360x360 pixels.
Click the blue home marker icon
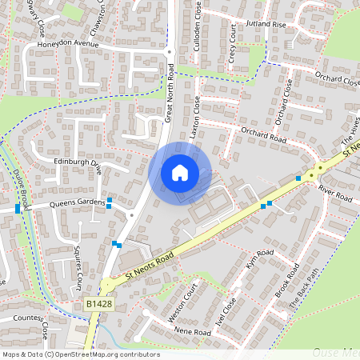pos(180,173)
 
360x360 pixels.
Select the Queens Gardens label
pos(67,203)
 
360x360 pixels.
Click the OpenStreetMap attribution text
pos(80,354)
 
